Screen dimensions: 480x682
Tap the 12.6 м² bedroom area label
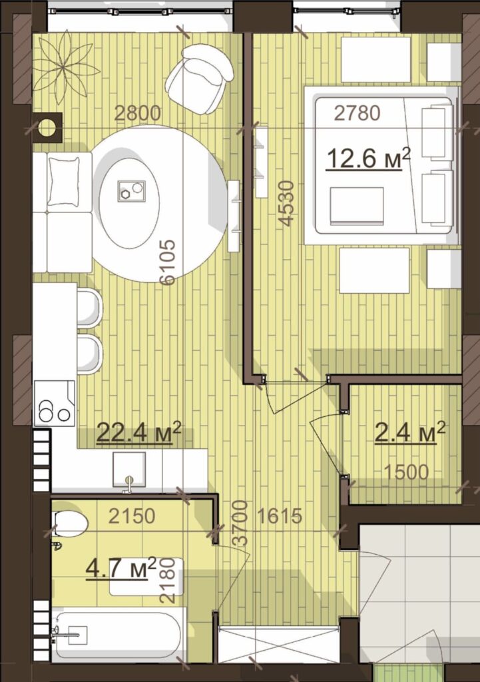[368, 158]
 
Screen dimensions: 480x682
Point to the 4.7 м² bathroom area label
[121, 568]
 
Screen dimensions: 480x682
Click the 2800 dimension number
[137, 113]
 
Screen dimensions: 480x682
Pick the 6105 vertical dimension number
[167, 262]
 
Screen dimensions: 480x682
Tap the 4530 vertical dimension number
[287, 204]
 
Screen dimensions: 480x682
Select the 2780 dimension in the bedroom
[357, 113]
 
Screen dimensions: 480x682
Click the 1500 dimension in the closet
[407, 472]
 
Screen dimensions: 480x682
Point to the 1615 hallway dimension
[280, 516]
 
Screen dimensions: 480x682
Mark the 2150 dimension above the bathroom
[132, 516]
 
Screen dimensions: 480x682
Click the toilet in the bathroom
[69, 523]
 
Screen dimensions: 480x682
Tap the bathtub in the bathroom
[117, 635]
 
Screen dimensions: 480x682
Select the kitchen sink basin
[129, 470]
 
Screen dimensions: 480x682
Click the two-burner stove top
[55, 404]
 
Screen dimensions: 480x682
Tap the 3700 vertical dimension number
[240, 523]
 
